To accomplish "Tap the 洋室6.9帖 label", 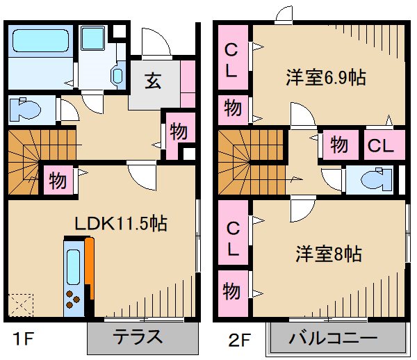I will click(x=325, y=78).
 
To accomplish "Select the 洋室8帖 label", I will click(x=324, y=254).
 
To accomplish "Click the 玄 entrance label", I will click(x=154, y=81).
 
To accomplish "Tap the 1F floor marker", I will click(x=21, y=340).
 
